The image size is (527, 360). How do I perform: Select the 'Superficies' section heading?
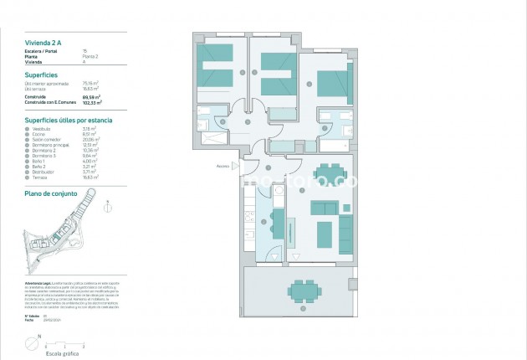(41, 75)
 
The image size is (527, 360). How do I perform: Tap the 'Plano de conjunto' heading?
(51, 193)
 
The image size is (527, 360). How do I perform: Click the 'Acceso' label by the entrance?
(223, 166)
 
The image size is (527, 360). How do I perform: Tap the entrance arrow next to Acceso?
(238, 166)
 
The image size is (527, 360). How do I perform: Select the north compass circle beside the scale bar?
(31, 342)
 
